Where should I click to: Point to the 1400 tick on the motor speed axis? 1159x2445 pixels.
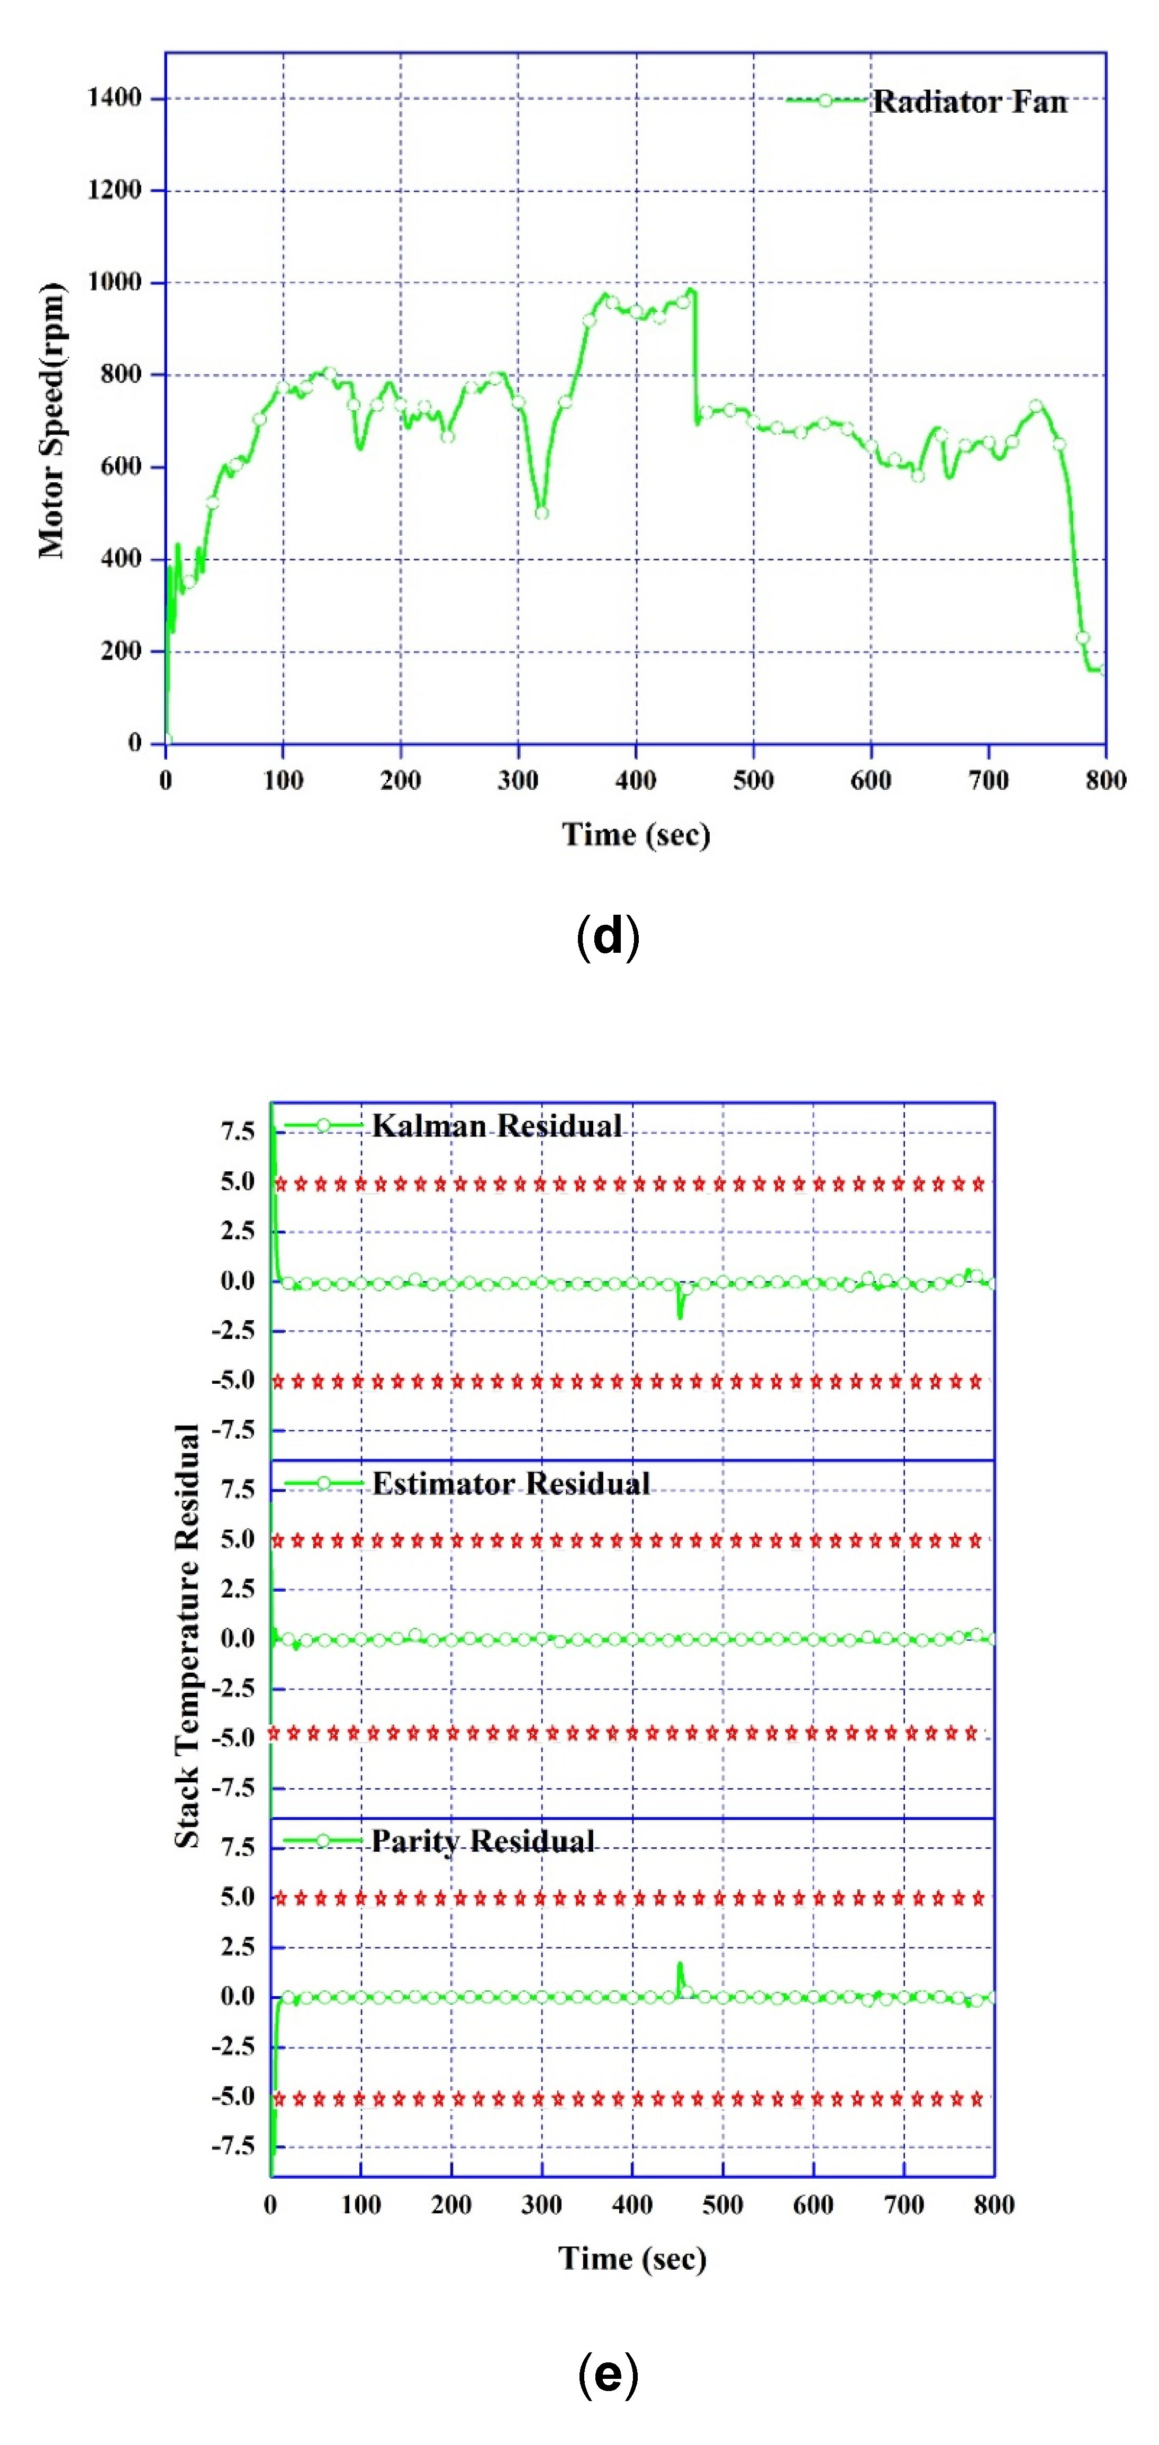(114, 98)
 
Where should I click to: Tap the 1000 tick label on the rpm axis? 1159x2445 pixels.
(114, 282)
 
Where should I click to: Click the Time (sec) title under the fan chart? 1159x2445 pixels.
(635, 834)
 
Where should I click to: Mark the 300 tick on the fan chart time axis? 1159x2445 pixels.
(518, 780)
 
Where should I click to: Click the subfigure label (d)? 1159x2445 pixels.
(608, 937)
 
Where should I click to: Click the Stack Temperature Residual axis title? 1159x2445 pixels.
(187, 1635)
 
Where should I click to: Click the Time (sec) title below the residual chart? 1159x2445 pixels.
(632, 2258)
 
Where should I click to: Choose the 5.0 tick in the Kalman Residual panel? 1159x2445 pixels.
(237, 1181)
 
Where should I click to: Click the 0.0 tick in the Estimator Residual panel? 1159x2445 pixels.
(237, 1638)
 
